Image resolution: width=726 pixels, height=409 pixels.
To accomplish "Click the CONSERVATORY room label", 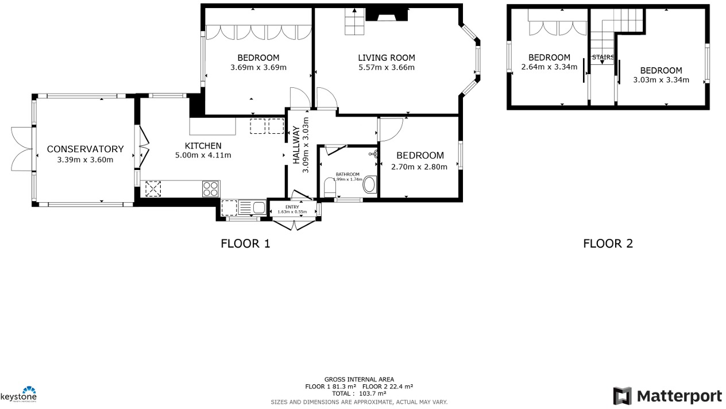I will coord(85,149).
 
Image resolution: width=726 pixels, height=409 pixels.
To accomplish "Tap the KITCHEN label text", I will coord(203,146).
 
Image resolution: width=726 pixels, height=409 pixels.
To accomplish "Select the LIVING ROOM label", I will coord(386,57).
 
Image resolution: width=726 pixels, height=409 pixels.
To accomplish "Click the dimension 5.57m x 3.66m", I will coord(386,67).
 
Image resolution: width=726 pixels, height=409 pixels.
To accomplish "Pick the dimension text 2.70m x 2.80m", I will coord(419,167).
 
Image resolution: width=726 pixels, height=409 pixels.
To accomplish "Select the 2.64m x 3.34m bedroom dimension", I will coord(549,67).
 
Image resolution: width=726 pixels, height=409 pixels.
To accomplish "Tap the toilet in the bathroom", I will coord(330,188).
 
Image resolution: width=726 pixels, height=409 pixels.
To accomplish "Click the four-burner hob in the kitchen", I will coord(211,188).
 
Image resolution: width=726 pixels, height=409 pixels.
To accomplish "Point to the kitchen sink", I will coord(252,207).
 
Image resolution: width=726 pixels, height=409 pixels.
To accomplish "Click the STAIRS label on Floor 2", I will coord(603,57).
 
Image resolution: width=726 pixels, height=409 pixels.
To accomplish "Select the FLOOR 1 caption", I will coord(245,244).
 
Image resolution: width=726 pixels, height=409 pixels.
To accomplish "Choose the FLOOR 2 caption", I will coord(608,244).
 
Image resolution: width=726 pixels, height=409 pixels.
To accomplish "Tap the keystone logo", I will coord(18,394).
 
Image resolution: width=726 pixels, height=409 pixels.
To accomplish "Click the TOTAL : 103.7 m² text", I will coord(359,393).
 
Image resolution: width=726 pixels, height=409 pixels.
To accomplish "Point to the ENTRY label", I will coord(292,207).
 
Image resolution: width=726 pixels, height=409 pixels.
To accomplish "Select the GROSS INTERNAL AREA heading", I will coord(359,379).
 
